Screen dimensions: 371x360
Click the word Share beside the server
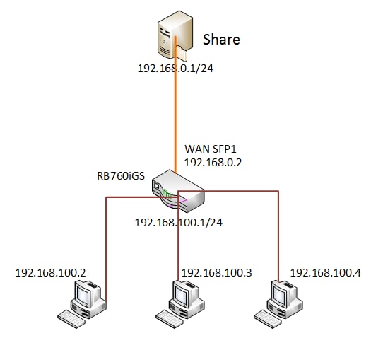221,40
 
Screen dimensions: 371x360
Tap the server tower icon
172,35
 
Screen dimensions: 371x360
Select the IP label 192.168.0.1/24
175,69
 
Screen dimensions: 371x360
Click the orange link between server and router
175,105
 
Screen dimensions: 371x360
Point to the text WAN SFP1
211,149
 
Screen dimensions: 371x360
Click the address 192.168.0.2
213,163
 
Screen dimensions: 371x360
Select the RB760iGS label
121,176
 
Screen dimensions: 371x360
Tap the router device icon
178,191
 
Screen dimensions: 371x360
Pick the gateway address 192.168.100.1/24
179,223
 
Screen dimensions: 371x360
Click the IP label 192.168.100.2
50,273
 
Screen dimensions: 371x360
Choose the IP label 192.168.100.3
216,273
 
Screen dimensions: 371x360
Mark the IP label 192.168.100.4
326,273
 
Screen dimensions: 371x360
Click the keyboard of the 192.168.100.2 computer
71,319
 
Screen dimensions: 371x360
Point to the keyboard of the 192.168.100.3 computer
170,319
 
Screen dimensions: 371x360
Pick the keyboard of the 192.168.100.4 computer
268,319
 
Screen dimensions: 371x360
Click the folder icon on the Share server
182,53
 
